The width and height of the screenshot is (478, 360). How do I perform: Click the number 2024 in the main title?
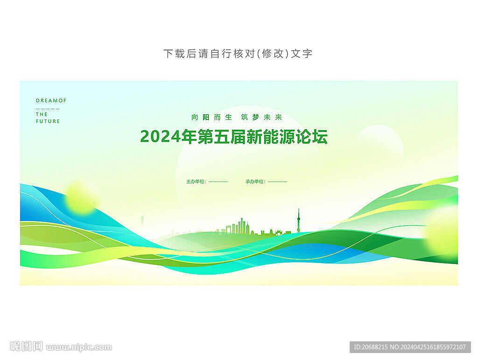coord(161,137)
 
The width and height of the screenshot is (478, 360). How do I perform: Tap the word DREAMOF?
coord(51,101)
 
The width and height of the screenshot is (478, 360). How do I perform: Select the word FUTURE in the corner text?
coord(48,121)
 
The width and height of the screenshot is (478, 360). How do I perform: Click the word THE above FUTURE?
coord(42,115)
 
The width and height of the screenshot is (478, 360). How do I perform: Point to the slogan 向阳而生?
coord(212,117)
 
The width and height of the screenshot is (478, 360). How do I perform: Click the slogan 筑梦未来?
coord(261,117)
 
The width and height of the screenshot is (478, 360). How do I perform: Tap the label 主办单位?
coord(196,181)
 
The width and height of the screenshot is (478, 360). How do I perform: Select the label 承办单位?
coord(255,181)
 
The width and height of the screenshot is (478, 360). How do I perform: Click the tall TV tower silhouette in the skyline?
coord(299,221)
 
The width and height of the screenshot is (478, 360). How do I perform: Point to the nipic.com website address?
coord(79,347)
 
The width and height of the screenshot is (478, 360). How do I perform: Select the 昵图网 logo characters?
coord(26,346)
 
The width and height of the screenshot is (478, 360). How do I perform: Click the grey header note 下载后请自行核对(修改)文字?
coord(238,54)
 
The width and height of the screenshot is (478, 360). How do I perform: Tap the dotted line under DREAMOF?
coord(48,109)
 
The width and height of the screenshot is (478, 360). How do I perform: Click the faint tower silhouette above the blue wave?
coord(142,222)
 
